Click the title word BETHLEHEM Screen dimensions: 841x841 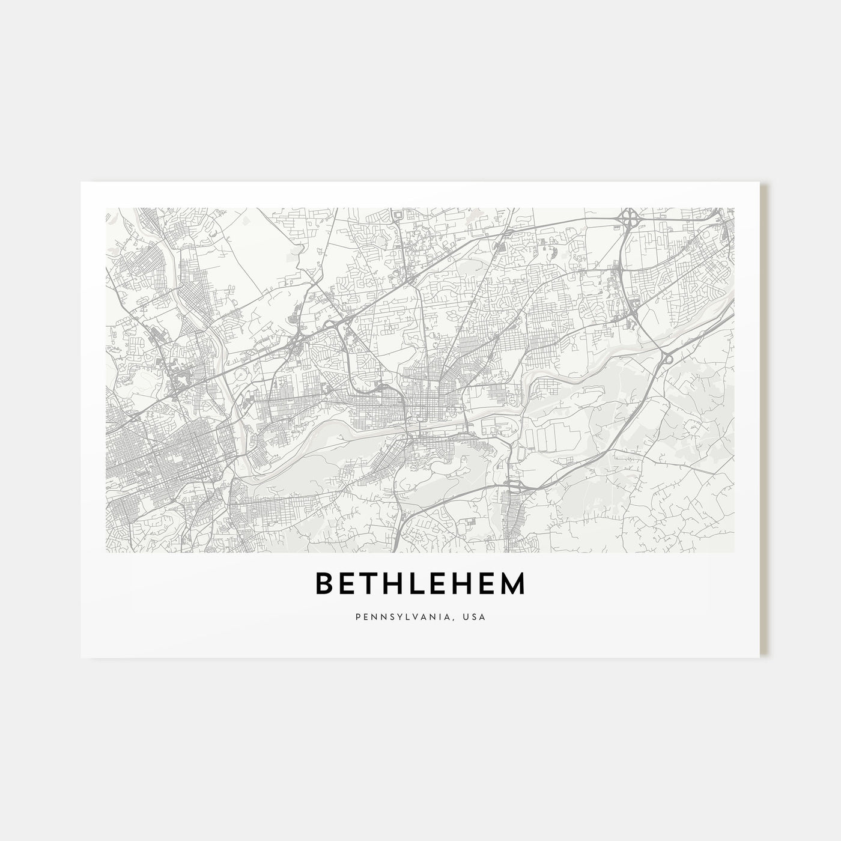tap(421, 584)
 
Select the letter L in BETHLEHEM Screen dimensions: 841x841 tap(418, 584)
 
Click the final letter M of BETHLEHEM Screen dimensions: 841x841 tap(512, 584)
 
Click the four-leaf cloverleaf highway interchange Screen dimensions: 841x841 tap(630, 219)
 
